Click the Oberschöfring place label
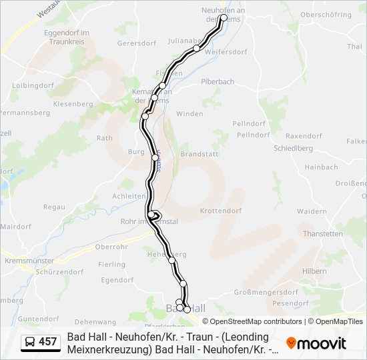(x=326, y=14)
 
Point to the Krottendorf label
(x=219, y=211)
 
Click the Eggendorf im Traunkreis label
(x=67, y=37)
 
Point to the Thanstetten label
(x=322, y=234)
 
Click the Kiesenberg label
(x=73, y=105)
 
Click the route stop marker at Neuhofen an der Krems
(x=224, y=18)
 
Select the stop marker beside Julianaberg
(x=196, y=48)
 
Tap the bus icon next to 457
(x=30, y=343)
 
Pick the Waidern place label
(x=312, y=211)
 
